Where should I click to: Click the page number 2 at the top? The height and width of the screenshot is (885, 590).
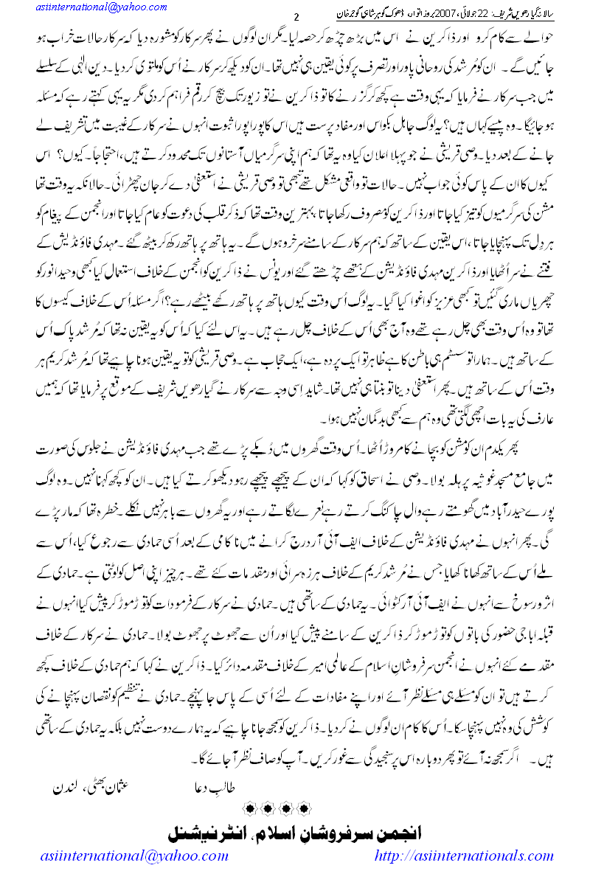[x=296, y=18]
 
